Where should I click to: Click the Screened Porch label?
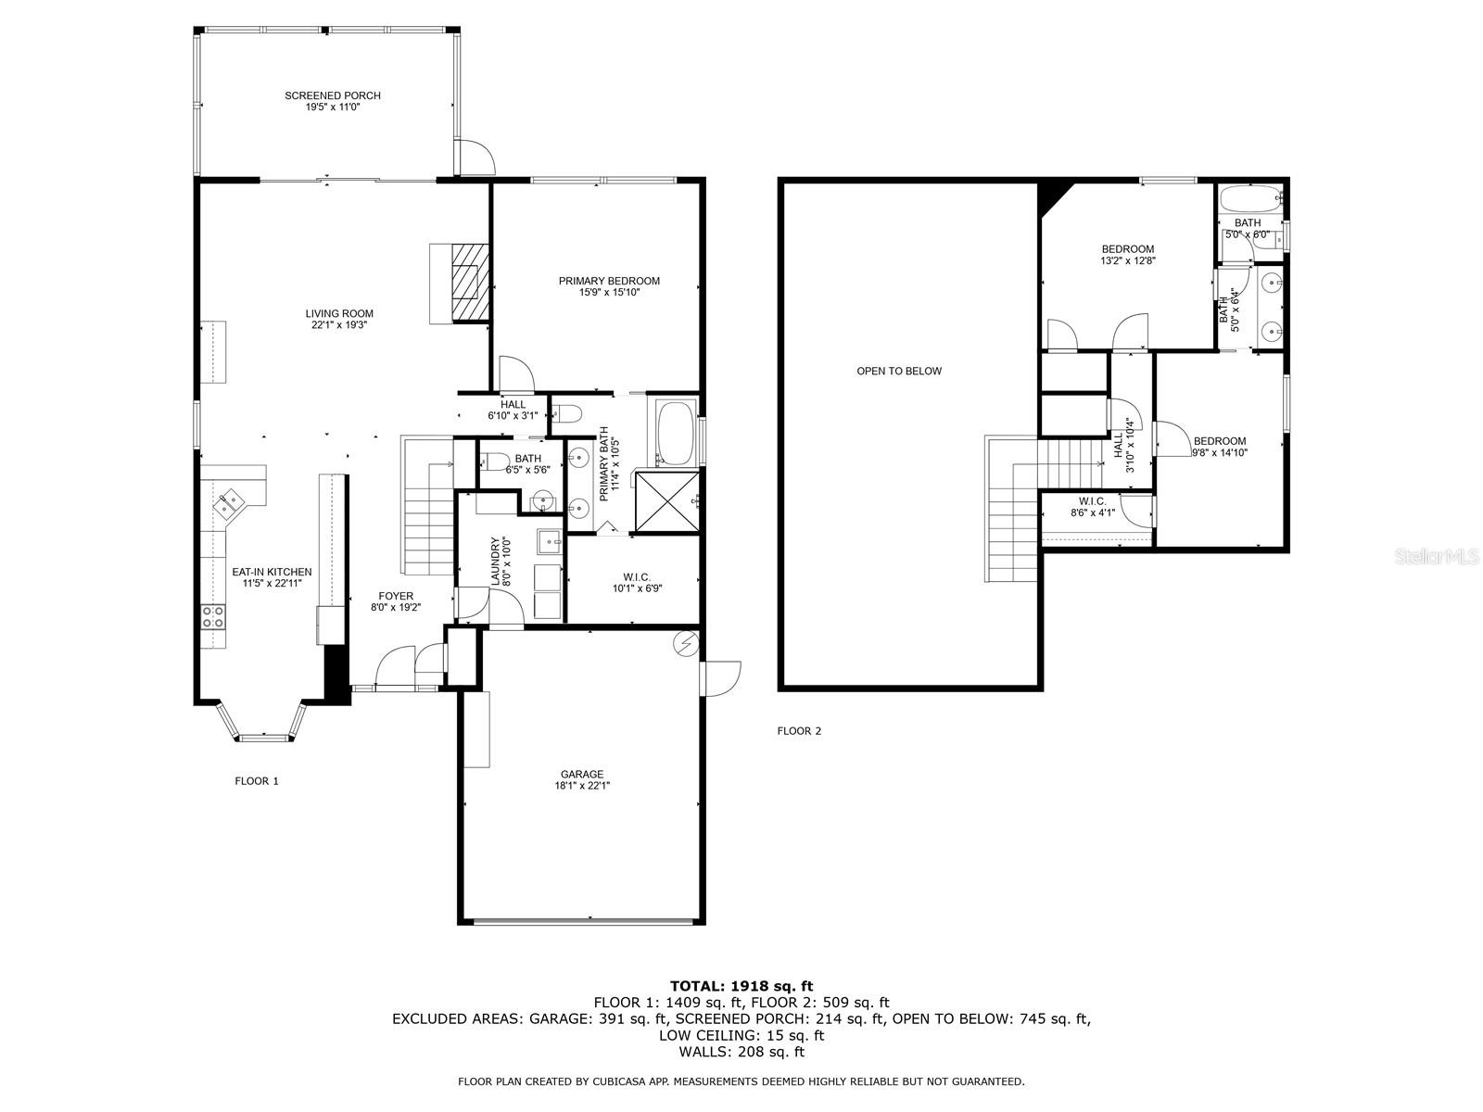click(x=333, y=101)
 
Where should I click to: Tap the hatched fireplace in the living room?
click(x=470, y=282)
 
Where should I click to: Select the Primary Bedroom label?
click(x=609, y=286)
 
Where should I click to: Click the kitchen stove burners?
click(x=213, y=617)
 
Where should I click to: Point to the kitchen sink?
click(x=231, y=502)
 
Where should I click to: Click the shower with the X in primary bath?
click(x=666, y=501)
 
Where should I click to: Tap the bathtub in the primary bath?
click(x=676, y=433)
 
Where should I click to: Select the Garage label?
click(x=582, y=780)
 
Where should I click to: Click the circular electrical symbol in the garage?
click(x=686, y=643)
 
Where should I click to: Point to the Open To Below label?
click(x=898, y=371)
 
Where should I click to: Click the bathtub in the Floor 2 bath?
click(x=1250, y=197)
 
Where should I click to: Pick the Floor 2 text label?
click(x=799, y=730)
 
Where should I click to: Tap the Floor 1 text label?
click(x=256, y=781)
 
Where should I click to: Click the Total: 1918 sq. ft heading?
click(x=741, y=986)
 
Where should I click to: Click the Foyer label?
click(x=395, y=601)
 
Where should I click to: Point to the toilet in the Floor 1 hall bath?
click(x=495, y=461)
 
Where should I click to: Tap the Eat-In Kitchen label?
click(x=272, y=577)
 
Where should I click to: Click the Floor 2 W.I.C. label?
click(x=1092, y=507)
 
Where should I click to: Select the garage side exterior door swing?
click(x=721, y=678)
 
